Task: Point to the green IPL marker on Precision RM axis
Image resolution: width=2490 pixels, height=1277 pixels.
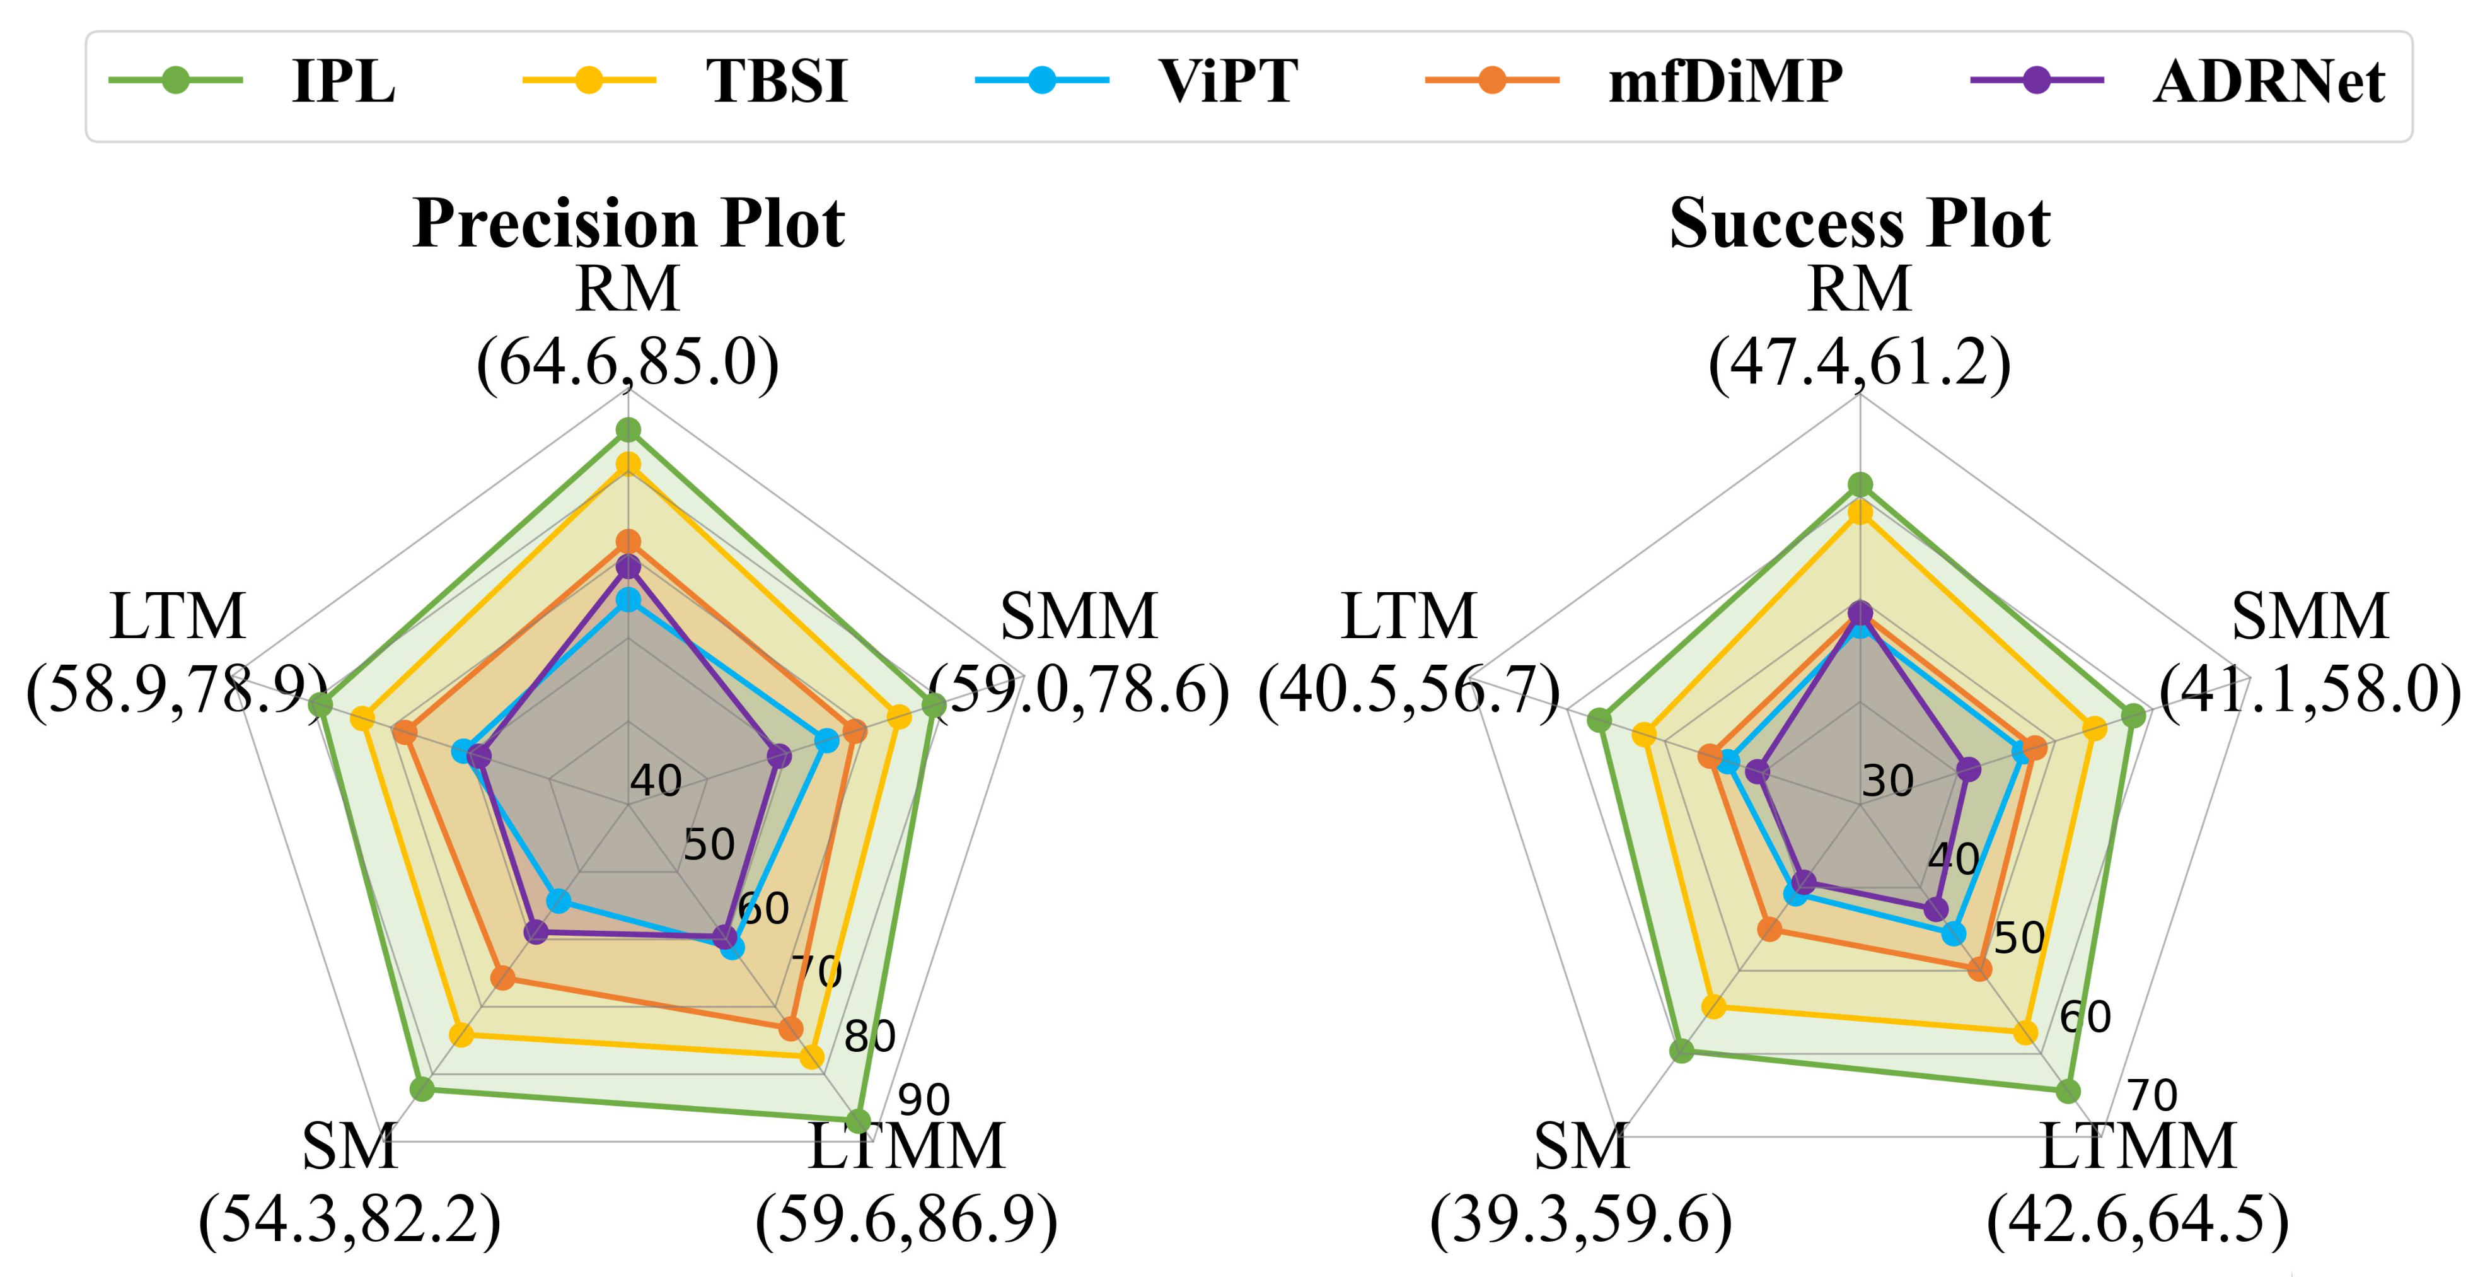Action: point(628,430)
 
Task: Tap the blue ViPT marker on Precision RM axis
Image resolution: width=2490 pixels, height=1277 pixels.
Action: point(628,600)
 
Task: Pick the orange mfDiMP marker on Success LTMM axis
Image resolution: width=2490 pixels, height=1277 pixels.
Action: point(1979,967)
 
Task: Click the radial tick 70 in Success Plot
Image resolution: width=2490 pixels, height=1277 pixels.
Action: point(2153,1096)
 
